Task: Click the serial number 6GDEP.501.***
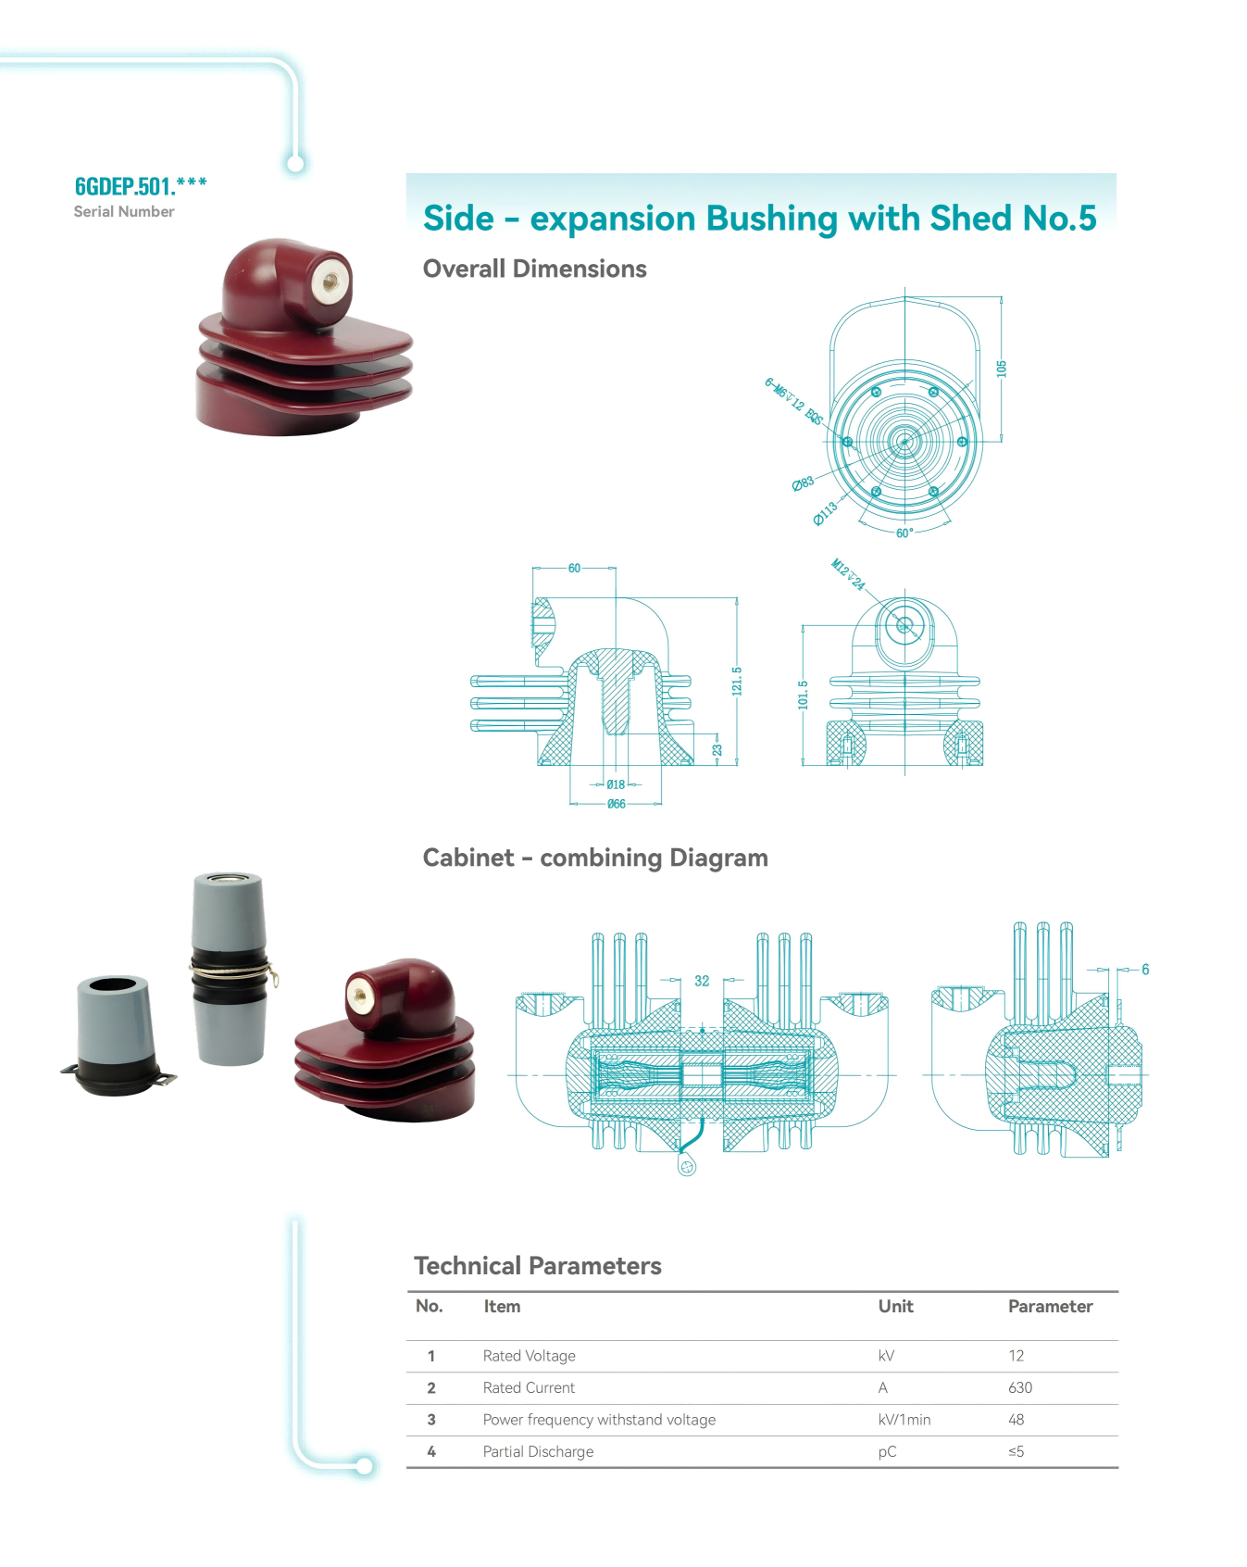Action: (x=141, y=186)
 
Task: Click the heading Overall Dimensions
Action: (x=534, y=269)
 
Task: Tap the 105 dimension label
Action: (x=1001, y=369)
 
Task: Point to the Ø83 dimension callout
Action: (x=803, y=483)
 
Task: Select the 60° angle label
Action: (x=904, y=533)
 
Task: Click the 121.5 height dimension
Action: (x=737, y=681)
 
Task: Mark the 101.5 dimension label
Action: (x=804, y=695)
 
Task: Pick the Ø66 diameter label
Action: (x=617, y=804)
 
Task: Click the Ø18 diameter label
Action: (x=616, y=784)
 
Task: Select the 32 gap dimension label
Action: (x=702, y=981)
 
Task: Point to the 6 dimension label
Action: (x=1145, y=970)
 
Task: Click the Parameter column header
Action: (x=1050, y=1307)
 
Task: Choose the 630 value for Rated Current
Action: (x=1020, y=1387)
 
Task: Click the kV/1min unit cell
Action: (x=904, y=1420)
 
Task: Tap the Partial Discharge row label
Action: (x=538, y=1451)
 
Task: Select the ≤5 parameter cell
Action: (x=1016, y=1451)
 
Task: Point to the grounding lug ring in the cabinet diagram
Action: (x=687, y=1167)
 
